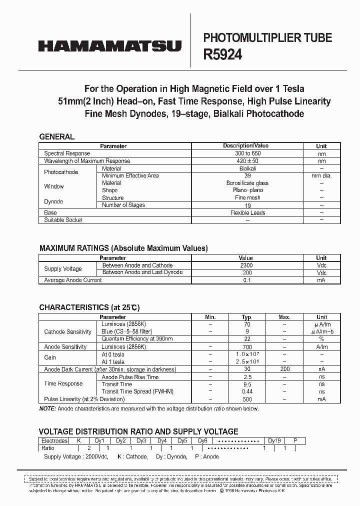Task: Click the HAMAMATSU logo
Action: (x=109, y=46)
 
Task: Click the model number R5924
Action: (x=222, y=55)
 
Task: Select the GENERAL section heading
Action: (x=56, y=136)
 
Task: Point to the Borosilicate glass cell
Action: (x=247, y=183)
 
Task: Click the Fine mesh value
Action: (x=247, y=197)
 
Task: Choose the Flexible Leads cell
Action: (x=247, y=212)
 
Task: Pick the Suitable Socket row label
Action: (x=63, y=220)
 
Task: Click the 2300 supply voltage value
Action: (x=246, y=265)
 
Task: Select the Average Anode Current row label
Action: (x=73, y=280)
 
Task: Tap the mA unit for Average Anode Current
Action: (x=321, y=280)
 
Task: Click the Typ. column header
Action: (x=247, y=317)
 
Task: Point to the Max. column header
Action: (x=284, y=317)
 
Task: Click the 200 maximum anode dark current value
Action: (x=284, y=369)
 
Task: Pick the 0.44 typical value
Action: (x=247, y=391)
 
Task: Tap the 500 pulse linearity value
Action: (x=247, y=399)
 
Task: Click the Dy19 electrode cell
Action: (x=274, y=441)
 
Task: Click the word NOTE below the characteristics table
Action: (x=47, y=408)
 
